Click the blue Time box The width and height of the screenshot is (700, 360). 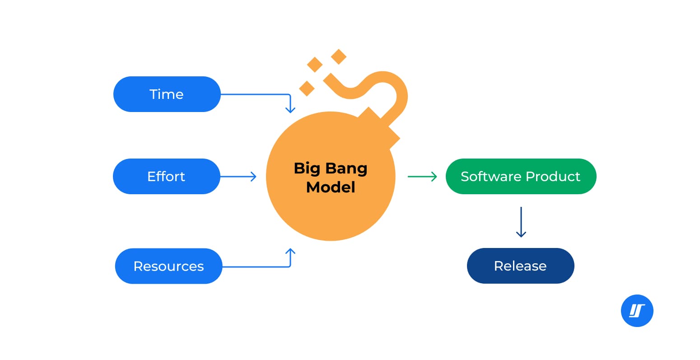pyautogui.click(x=167, y=94)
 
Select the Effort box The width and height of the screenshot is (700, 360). pyautogui.click(x=166, y=176)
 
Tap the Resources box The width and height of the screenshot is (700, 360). pyautogui.click(x=168, y=266)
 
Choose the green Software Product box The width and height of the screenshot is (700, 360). pyautogui.click(x=521, y=176)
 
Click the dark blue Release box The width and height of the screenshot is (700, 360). pyautogui.click(x=520, y=266)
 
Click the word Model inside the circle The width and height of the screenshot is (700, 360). pyautogui.click(x=331, y=187)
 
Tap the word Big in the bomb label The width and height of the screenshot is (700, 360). pyautogui.click(x=307, y=168)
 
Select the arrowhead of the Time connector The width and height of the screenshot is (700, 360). pyautogui.click(x=290, y=109)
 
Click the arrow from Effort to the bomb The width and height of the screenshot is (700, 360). pyautogui.click(x=238, y=177)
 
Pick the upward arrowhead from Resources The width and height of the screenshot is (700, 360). pyautogui.click(x=290, y=251)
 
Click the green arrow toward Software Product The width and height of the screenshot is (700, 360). pyautogui.click(x=422, y=177)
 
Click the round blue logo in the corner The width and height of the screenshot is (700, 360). pyautogui.click(x=637, y=311)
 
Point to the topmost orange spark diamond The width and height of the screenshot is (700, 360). pyautogui.click(x=338, y=56)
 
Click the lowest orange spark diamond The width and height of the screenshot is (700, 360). pyautogui.click(x=307, y=88)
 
